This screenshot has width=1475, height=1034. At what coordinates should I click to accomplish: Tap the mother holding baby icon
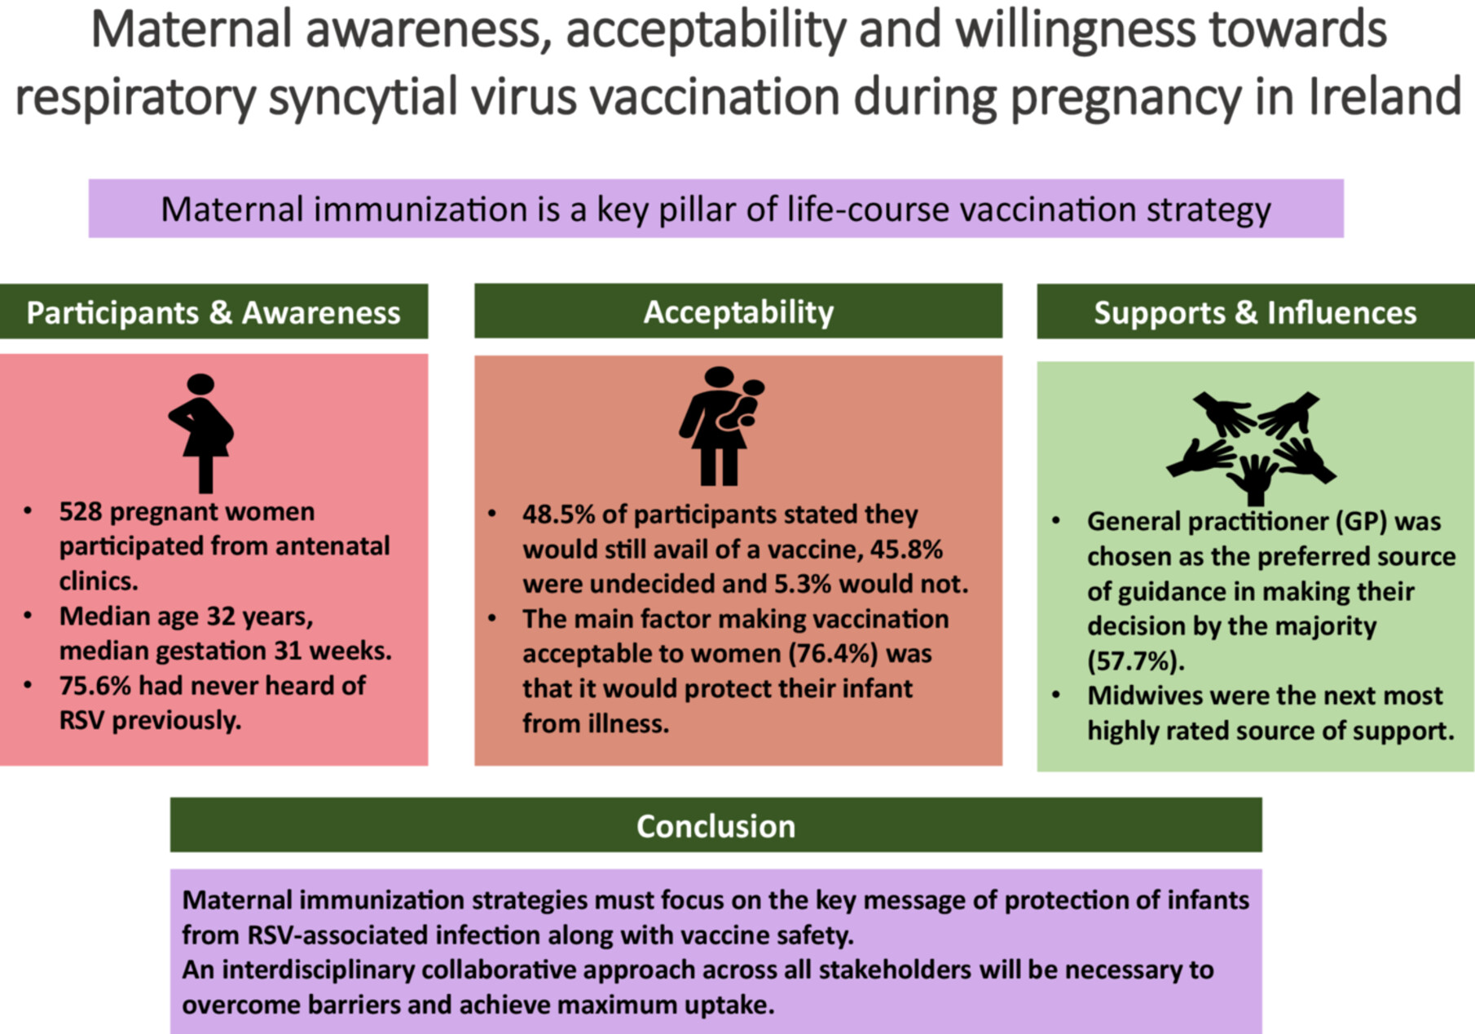tap(721, 426)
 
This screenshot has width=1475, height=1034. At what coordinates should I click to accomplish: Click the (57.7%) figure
tap(1136, 661)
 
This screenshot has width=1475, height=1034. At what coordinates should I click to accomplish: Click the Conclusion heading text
tap(715, 826)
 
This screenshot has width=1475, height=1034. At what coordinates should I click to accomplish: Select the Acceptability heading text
tap(738, 312)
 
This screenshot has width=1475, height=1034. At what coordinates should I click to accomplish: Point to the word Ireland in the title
tap(1385, 96)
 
